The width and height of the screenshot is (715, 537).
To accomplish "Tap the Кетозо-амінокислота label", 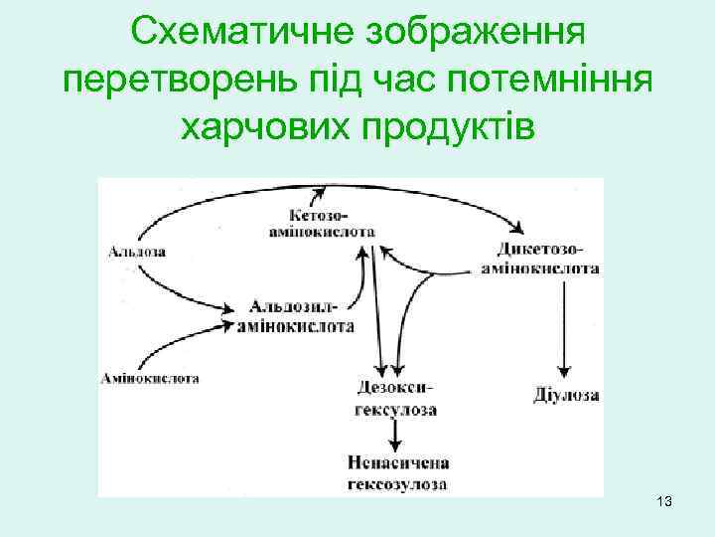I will point(322,222).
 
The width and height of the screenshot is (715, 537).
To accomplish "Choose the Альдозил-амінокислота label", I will point(295,315).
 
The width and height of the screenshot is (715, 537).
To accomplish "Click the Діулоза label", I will point(566,395).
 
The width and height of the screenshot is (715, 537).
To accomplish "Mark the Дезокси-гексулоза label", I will point(395,397).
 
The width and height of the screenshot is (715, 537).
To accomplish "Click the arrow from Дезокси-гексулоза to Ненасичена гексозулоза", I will point(396,433).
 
